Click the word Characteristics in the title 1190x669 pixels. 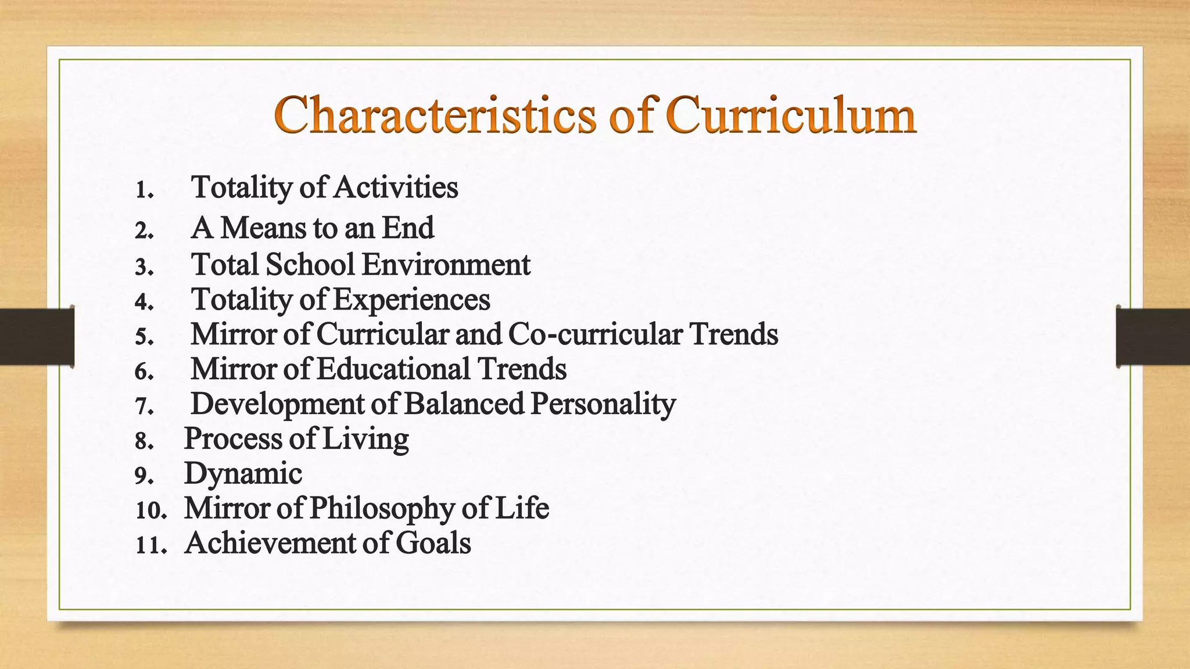435,114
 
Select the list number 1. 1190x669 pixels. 144,190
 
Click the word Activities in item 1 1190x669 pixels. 396,188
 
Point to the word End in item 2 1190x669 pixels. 408,228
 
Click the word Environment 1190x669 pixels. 446,264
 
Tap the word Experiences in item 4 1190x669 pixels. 412,300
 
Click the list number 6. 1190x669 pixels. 144,372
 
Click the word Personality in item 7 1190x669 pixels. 603,404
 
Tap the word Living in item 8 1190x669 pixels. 365,438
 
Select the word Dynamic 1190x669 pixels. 243,473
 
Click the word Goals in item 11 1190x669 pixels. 433,543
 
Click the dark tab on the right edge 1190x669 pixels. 1153,337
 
